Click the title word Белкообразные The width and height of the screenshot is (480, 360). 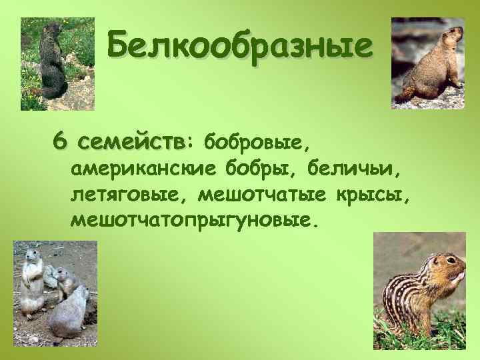(239, 47)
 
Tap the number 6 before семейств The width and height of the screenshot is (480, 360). (61, 141)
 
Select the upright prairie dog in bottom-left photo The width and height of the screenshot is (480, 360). (31, 280)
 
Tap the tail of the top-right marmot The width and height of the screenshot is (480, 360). (403, 97)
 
